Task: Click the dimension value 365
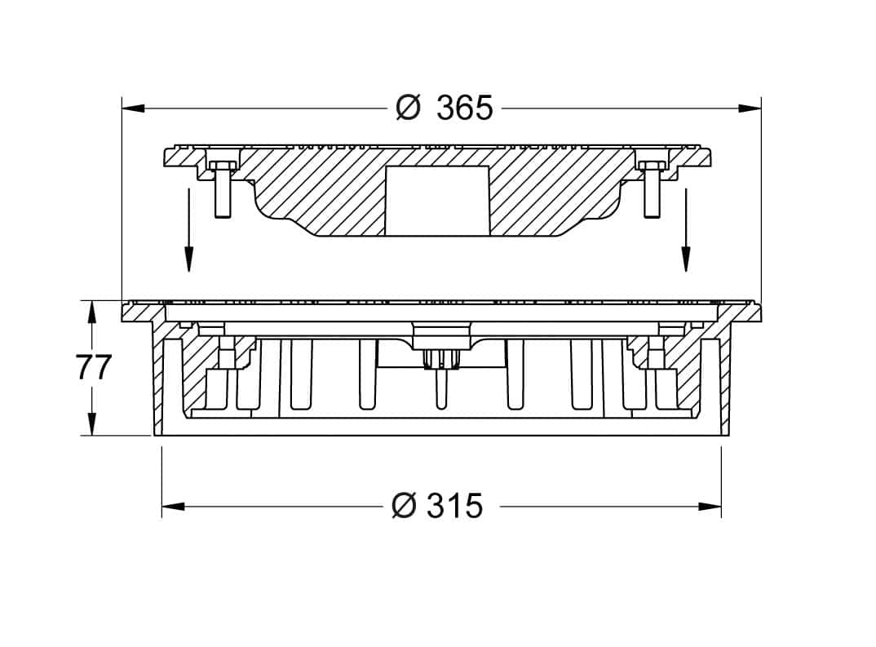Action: pyautogui.click(x=465, y=108)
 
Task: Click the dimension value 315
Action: pyautogui.click(x=455, y=506)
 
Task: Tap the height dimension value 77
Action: pyautogui.click(x=94, y=367)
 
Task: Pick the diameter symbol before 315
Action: pyautogui.click(x=404, y=506)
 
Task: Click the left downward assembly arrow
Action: pyautogui.click(x=189, y=230)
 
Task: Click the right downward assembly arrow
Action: pyautogui.click(x=685, y=230)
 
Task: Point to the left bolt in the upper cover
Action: pyautogui.click(x=222, y=188)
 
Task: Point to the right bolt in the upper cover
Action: pyautogui.click(x=652, y=188)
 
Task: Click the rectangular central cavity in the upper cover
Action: pyautogui.click(x=437, y=200)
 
